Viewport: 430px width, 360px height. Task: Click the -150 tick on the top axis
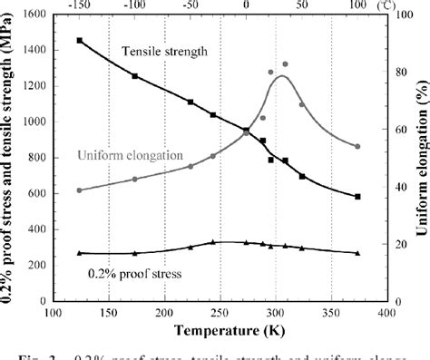pos(80,5)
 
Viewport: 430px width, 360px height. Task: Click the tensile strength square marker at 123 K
pos(80,41)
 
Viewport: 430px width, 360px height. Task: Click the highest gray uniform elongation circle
pos(285,64)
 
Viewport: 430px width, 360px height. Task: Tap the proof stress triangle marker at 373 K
pos(357,253)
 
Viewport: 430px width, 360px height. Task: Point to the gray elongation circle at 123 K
pos(80,190)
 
